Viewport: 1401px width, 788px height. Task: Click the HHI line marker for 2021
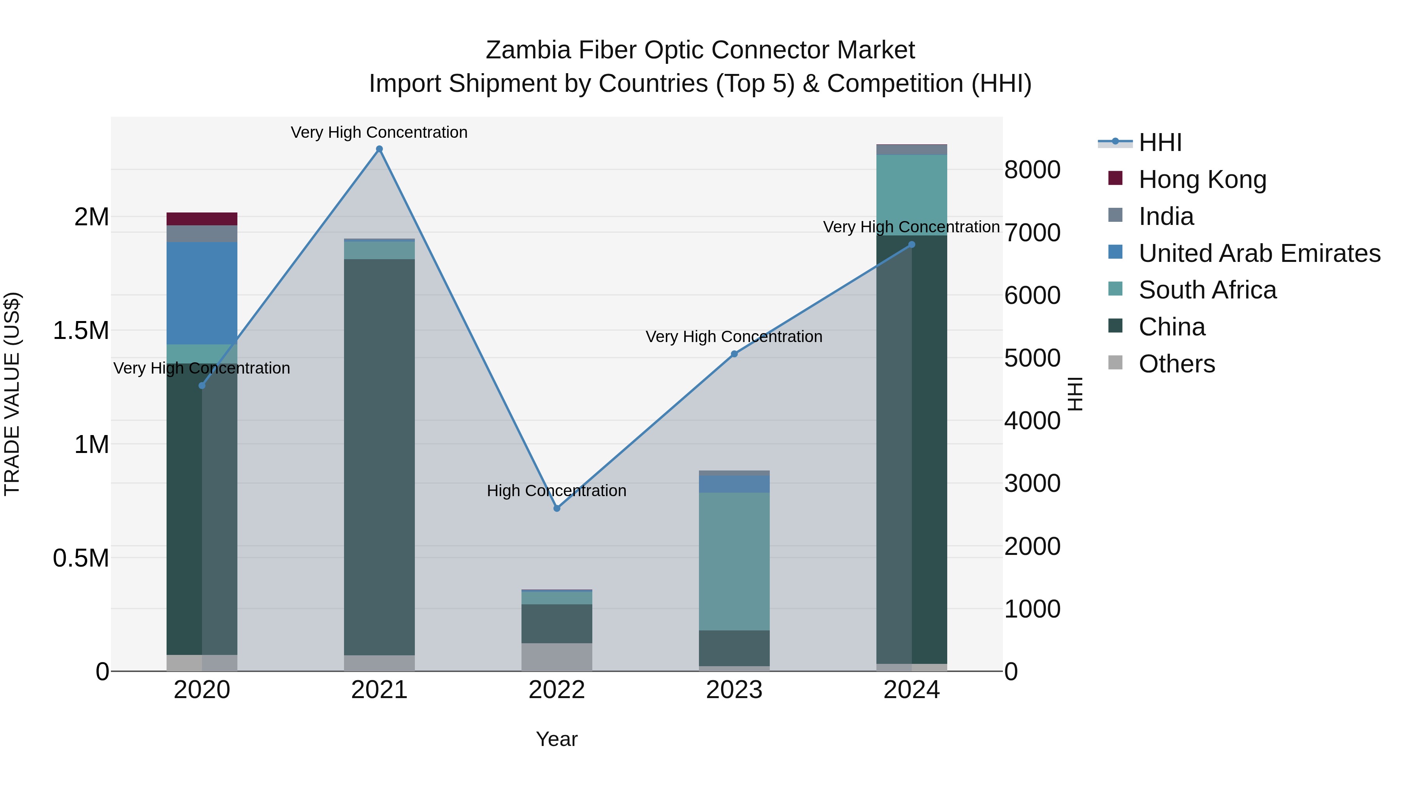coord(379,149)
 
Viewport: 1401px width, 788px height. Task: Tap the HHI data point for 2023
coord(734,354)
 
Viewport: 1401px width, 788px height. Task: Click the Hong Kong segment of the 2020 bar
coord(202,219)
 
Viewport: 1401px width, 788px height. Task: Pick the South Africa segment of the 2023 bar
coord(734,561)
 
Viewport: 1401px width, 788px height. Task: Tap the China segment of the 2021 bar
coord(379,457)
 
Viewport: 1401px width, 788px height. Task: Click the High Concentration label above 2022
coord(557,491)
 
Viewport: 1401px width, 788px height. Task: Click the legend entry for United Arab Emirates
coord(1259,253)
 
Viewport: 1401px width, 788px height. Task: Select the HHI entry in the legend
coord(1160,142)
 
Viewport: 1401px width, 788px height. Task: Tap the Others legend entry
coord(1176,364)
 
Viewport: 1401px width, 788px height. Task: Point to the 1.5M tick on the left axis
coord(81,331)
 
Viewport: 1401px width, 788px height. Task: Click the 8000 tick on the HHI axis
coord(1032,170)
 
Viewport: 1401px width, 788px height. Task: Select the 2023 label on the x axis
coord(734,690)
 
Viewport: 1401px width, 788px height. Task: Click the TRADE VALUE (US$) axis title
coord(12,394)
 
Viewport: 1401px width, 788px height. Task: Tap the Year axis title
coord(557,739)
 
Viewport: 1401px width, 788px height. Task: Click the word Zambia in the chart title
coord(528,50)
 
